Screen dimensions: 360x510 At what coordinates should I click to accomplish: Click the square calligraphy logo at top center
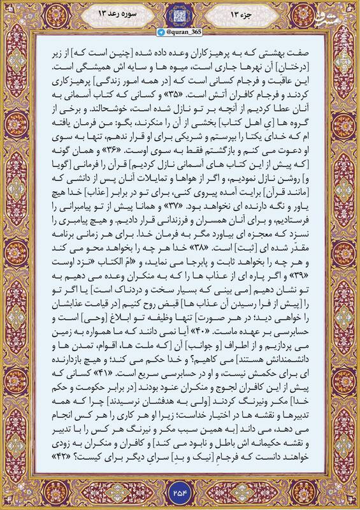(x=180, y=14)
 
